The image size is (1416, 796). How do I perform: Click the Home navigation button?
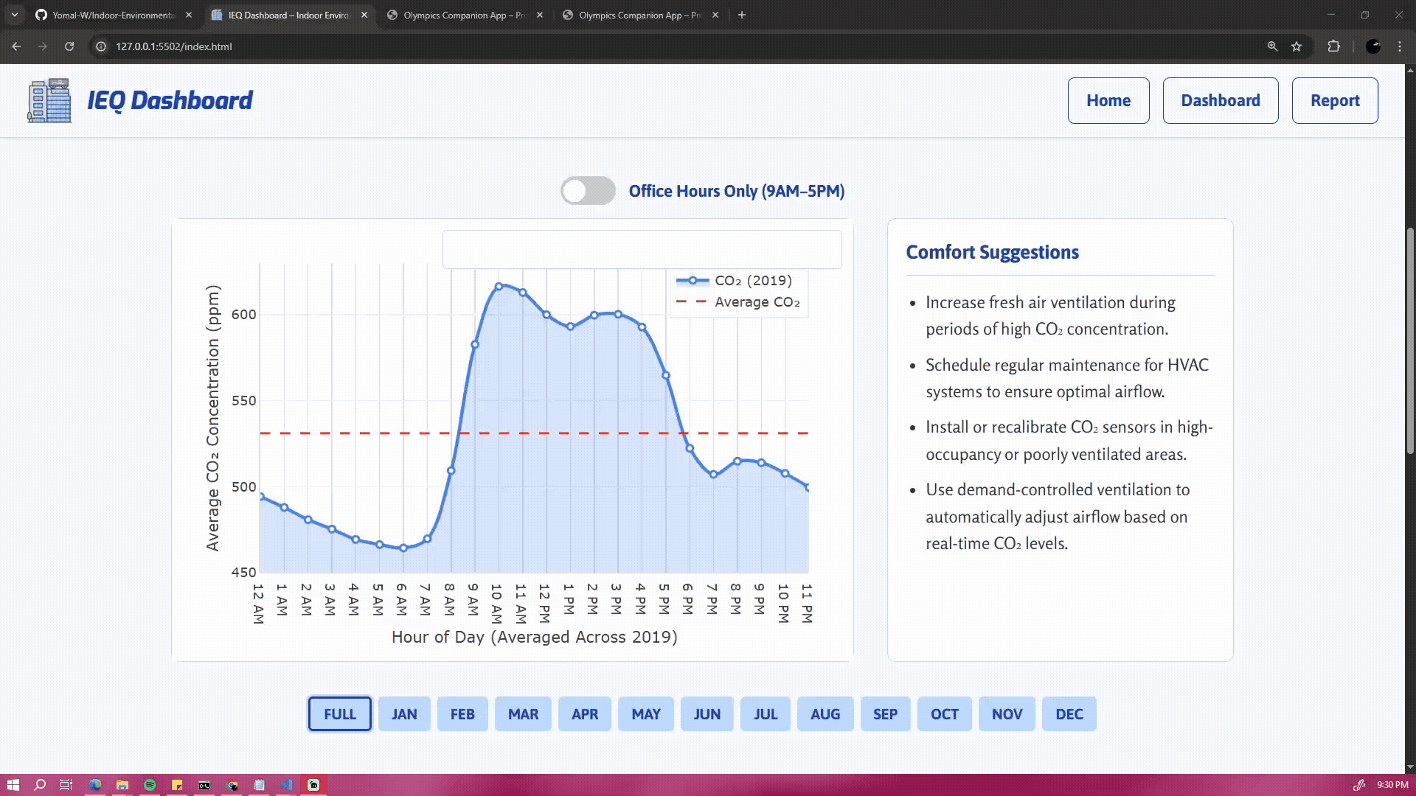(x=1108, y=100)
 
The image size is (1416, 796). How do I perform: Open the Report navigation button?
(x=1334, y=100)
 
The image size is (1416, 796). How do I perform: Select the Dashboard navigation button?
(x=1220, y=100)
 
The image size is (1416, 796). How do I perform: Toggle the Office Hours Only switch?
(x=588, y=191)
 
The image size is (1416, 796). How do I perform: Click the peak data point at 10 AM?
(x=499, y=286)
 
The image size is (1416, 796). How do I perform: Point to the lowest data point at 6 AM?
(x=403, y=548)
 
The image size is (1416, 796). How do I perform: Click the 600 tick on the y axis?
(x=244, y=315)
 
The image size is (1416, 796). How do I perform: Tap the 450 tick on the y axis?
(x=244, y=573)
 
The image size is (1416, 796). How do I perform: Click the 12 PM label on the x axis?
(x=544, y=603)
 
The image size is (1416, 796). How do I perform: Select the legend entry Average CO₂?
(x=757, y=302)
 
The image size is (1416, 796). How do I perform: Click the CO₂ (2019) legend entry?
(x=752, y=281)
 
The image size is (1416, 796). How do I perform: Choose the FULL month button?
(x=339, y=714)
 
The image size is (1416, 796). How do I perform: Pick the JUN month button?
(x=707, y=714)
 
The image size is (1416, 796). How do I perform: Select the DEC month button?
(x=1069, y=714)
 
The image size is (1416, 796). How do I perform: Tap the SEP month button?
(x=885, y=714)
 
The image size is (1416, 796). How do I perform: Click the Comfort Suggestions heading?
(x=992, y=252)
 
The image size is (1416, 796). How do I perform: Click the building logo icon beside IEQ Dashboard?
(x=49, y=100)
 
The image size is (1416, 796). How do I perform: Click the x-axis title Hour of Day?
(x=534, y=637)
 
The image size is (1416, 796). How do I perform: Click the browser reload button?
(x=69, y=46)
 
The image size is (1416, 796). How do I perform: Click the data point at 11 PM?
(x=808, y=487)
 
